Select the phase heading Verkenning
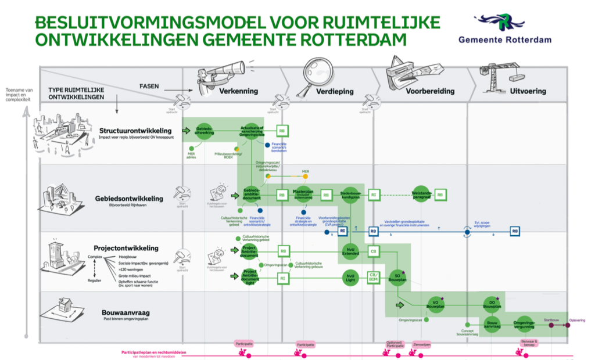(238, 92)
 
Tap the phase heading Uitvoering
(528, 92)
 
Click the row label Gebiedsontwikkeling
(129, 199)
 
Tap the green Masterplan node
(303, 195)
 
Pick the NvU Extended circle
(350, 251)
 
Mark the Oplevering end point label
(577, 320)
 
